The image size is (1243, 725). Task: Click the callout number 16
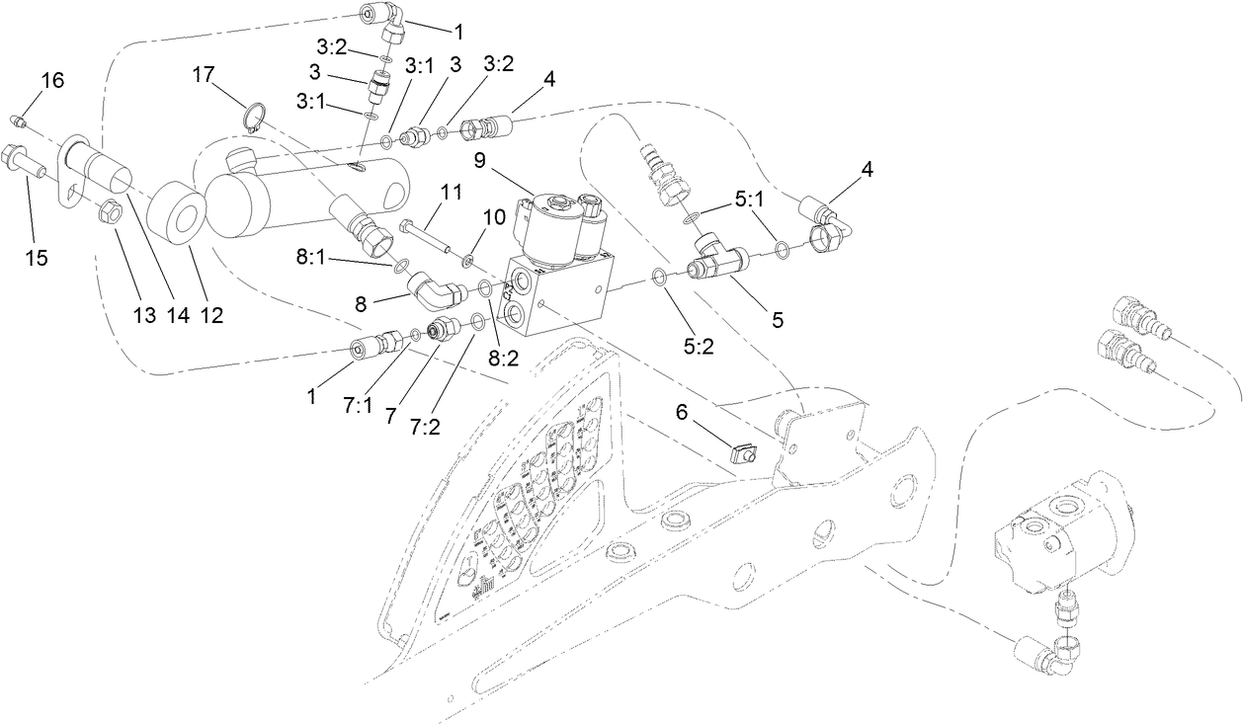pos(52,80)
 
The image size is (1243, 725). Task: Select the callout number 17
pos(204,74)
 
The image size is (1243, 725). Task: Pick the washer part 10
pos(465,262)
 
